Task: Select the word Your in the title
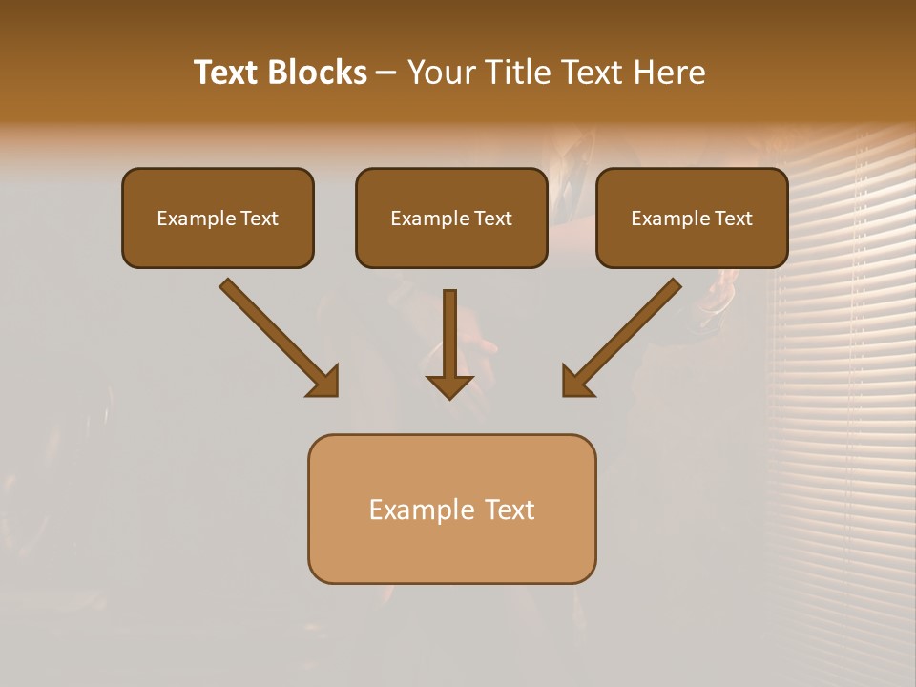(439, 73)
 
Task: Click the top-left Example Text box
(218, 219)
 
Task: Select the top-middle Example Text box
(451, 219)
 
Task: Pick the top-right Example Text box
(692, 219)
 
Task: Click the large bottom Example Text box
(451, 510)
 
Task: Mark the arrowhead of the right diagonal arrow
(576, 382)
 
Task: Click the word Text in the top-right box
(733, 219)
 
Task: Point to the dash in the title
(385, 73)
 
